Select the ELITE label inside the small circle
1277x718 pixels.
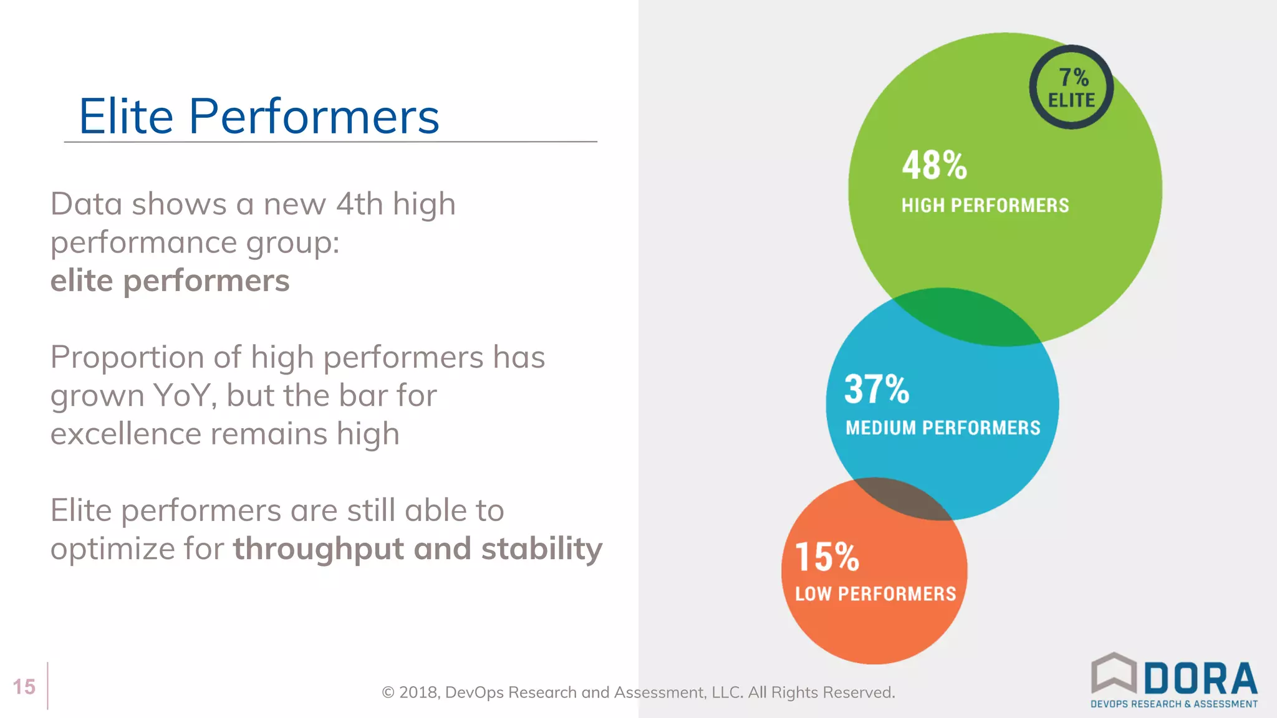point(1071,100)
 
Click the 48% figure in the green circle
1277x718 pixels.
point(934,166)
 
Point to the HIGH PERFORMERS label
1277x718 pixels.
point(985,205)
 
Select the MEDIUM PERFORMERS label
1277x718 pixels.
point(943,428)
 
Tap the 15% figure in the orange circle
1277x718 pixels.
point(827,557)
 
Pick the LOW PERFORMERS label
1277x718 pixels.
point(875,593)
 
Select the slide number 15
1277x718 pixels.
point(24,687)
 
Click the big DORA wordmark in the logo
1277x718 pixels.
point(1200,679)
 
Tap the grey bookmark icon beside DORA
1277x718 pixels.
point(1114,673)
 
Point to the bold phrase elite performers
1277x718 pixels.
point(170,280)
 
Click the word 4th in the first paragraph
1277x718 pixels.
point(359,204)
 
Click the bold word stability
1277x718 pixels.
point(541,548)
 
